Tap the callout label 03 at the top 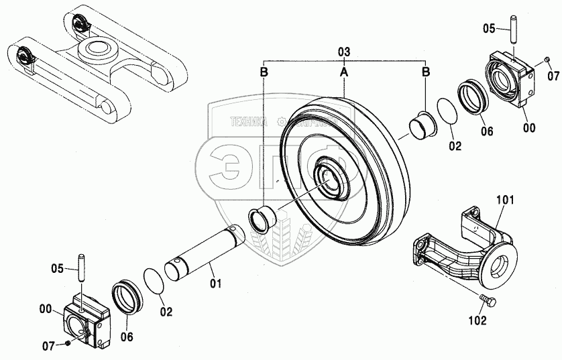[344, 52]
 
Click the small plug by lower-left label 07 [68, 345]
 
